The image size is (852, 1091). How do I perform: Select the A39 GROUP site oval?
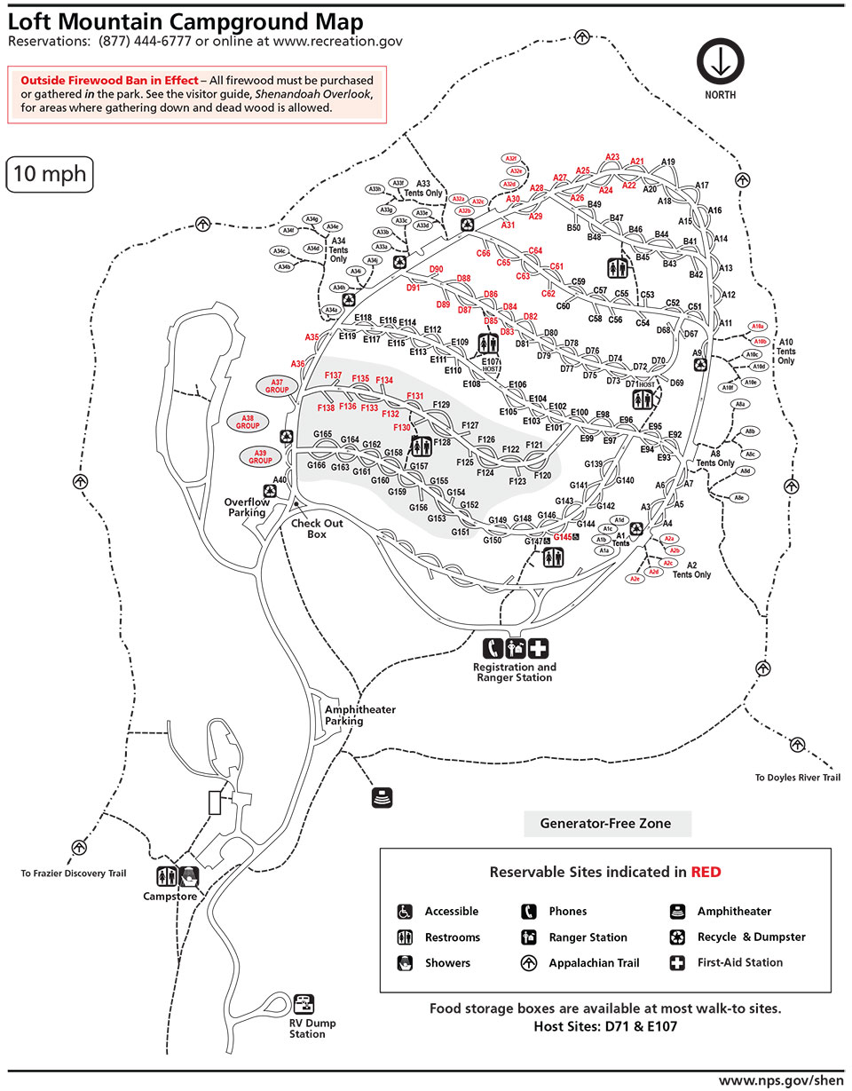coord(260,456)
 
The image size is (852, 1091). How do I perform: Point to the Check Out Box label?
coord(317,528)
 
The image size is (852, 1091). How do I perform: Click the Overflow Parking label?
coord(246,507)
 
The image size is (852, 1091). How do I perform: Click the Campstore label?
coord(169,897)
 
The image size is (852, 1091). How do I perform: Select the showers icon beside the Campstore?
coord(189,877)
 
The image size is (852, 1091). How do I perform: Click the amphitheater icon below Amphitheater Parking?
coord(382,796)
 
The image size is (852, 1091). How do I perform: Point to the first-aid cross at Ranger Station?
coord(540,648)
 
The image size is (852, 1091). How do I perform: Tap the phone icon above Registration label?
coord(493,648)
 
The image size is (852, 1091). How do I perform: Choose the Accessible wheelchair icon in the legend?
coord(405,912)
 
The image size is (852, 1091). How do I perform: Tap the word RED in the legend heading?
coord(706,872)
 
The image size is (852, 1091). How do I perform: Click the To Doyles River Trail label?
coord(796,778)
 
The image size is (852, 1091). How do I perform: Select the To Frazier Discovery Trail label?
coord(74,874)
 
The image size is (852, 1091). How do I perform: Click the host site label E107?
coord(491,361)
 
